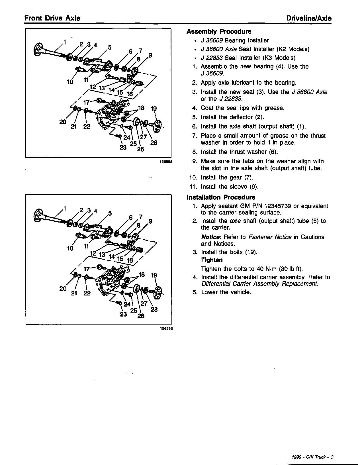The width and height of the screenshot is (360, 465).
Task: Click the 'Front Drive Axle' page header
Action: (52, 18)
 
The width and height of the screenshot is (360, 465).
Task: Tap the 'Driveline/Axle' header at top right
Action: (309, 18)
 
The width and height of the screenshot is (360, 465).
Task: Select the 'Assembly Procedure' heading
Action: (219, 32)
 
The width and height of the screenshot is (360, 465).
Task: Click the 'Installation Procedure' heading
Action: (221, 197)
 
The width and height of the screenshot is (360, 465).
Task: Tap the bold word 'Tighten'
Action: (212, 260)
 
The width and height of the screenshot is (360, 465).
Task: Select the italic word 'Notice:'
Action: (211, 237)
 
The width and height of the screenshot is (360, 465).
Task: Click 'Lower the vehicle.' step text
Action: (226, 292)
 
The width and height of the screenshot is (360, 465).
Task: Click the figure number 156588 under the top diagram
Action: (166, 162)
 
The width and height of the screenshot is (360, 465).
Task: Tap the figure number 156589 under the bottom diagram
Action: (166, 328)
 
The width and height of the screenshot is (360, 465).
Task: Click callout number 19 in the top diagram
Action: (154, 109)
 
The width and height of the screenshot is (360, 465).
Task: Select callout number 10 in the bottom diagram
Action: (70, 248)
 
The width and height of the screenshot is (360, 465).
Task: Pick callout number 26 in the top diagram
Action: (140, 149)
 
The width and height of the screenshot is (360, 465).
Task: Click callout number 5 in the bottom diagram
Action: (110, 213)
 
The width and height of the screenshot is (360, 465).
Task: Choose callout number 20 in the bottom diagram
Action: (63, 289)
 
